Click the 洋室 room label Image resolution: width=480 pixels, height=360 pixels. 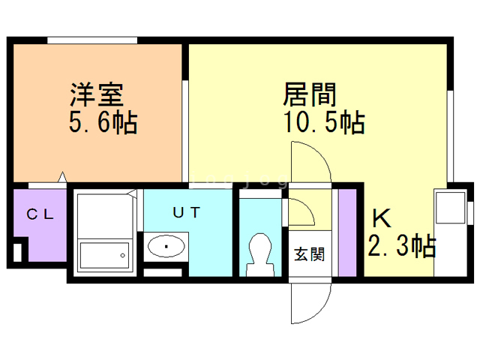click(x=97, y=95)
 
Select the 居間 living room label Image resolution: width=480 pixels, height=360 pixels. click(x=308, y=95)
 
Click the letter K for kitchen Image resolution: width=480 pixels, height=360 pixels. click(x=381, y=218)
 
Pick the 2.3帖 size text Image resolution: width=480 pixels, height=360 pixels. click(x=402, y=245)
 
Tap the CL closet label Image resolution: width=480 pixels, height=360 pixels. click(x=40, y=214)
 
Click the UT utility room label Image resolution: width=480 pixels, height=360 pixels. click(x=187, y=212)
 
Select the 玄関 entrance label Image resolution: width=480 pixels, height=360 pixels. click(x=308, y=255)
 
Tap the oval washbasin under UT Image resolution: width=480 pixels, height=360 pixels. click(x=166, y=245)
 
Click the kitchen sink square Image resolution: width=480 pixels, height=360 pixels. click(x=451, y=207)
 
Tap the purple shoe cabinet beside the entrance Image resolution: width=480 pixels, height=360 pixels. click(x=347, y=232)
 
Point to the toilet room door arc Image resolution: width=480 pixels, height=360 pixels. click(x=301, y=213)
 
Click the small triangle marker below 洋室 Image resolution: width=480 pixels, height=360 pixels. click(x=63, y=178)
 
